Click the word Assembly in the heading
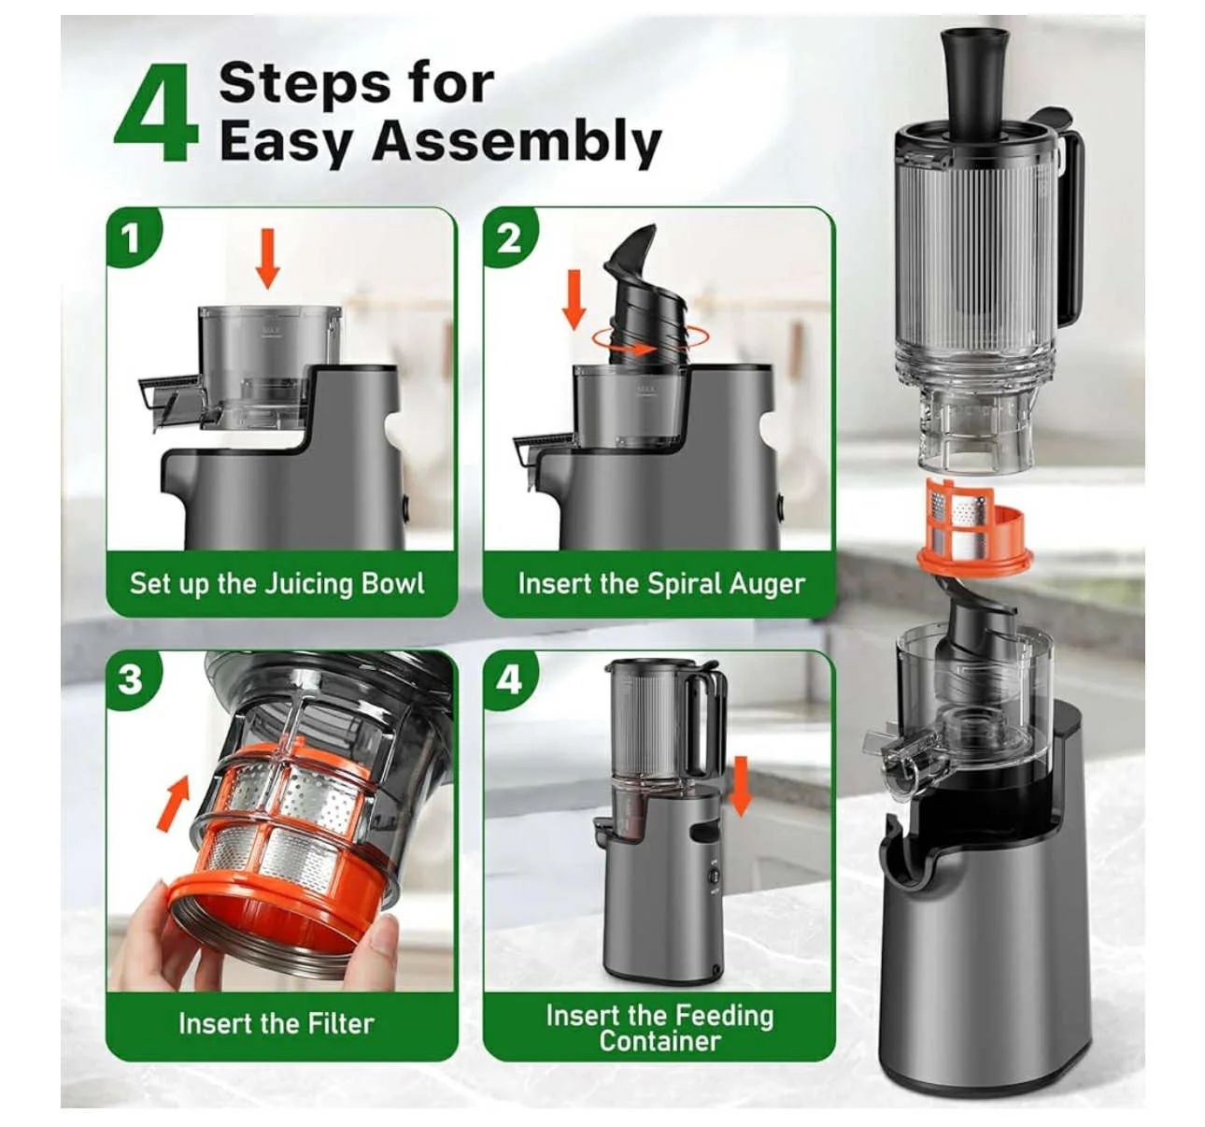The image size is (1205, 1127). click(x=517, y=143)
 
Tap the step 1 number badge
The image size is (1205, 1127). click(x=132, y=237)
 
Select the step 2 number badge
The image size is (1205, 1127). click(x=509, y=237)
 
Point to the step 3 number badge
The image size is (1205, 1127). click(x=131, y=678)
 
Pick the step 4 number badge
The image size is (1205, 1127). click(x=509, y=678)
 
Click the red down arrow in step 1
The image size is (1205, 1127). click(x=268, y=259)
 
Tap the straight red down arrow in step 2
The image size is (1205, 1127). click(x=574, y=296)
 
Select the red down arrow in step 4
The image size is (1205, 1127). click(x=741, y=786)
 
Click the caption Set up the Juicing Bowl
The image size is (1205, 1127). click(x=277, y=584)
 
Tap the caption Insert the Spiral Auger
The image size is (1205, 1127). click(x=660, y=584)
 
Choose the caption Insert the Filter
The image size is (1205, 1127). click(x=276, y=1023)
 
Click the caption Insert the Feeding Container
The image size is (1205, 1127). click(x=659, y=1028)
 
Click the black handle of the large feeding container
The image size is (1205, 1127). click(x=1070, y=224)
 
